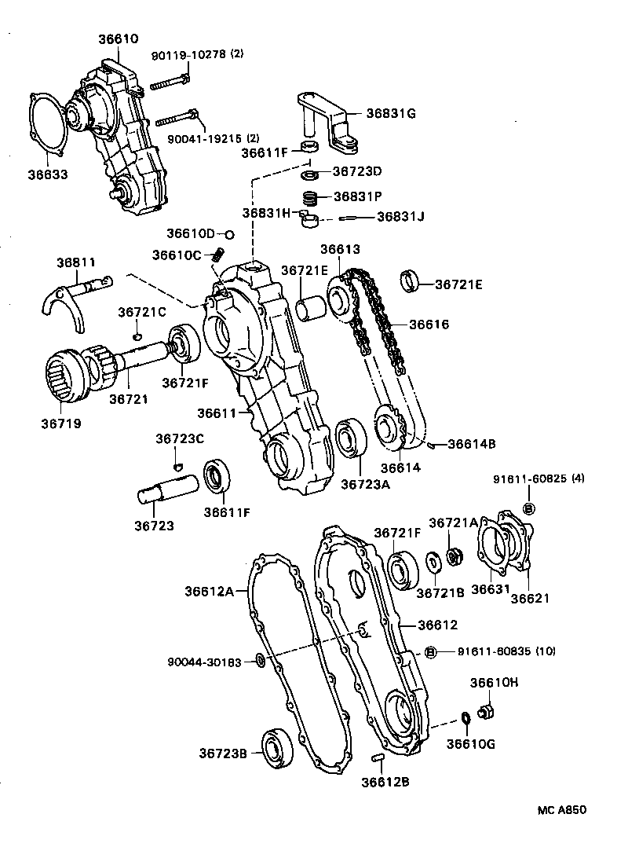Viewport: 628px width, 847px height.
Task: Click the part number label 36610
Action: click(118, 38)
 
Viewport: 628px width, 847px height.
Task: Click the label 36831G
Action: click(391, 113)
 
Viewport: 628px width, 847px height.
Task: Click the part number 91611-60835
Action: click(485, 651)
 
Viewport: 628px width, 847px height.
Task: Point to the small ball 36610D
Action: click(229, 234)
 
